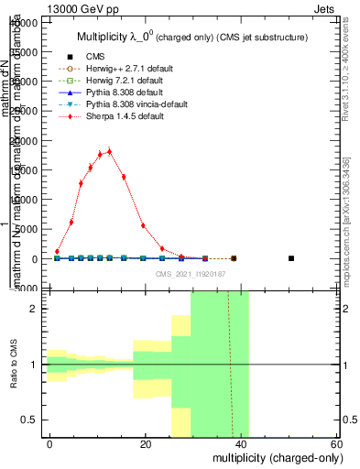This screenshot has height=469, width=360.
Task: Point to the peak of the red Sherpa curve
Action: point(109,151)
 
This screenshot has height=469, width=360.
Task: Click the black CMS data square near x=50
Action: point(291,258)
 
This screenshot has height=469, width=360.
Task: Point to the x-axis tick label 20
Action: point(145,443)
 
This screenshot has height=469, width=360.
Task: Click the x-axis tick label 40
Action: point(240,443)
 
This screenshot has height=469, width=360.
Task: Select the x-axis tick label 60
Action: point(335,443)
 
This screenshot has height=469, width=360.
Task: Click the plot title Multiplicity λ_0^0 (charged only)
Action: point(191,37)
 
